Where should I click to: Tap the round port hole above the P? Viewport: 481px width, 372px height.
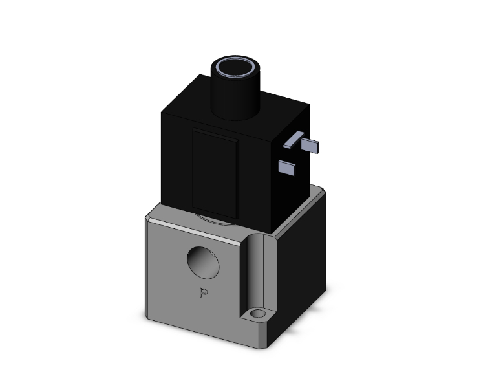coord(202,262)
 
